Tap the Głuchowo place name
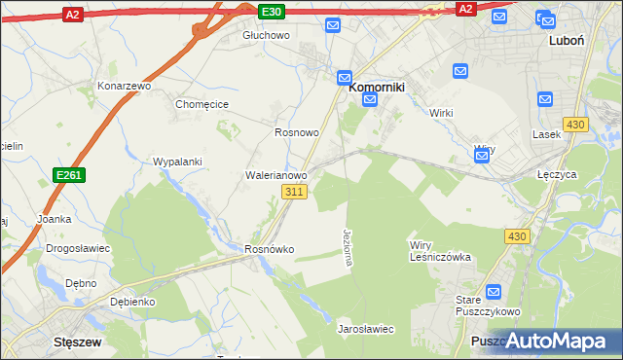(x=267, y=35)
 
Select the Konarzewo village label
(x=126, y=86)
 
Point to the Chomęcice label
(x=202, y=104)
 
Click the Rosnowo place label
(x=297, y=132)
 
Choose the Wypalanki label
(x=177, y=162)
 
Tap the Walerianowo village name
(x=275, y=176)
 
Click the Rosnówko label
(x=269, y=250)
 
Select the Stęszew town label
(x=81, y=342)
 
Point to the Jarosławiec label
(x=365, y=329)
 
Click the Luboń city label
(x=566, y=41)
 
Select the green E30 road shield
(x=273, y=11)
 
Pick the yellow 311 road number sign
(x=297, y=193)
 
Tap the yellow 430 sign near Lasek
(x=575, y=125)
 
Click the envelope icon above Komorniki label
(x=345, y=77)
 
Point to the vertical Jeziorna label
(x=348, y=248)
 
